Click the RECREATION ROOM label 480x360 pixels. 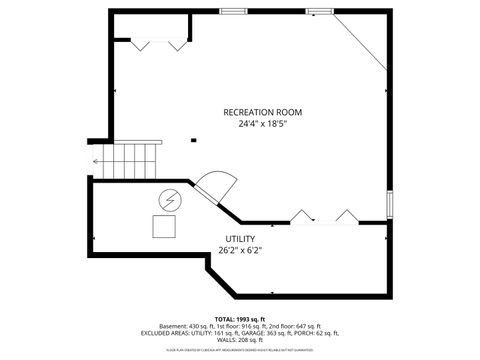pos(263,112)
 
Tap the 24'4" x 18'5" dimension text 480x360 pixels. pos(263,124)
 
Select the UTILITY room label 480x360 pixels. pos(240,239)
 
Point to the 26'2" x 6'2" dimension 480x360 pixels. pos(240,250)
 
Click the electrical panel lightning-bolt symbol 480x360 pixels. pos(169,199)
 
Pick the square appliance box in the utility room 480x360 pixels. pos(163,226)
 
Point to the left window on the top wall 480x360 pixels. pos(234,11)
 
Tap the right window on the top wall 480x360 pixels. pos(320,11)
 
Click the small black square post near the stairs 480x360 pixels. pos(194,139)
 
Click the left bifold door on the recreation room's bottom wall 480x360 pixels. pos(301,216)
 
